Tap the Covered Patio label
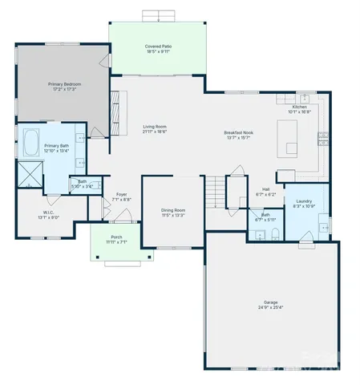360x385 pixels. (158, 47)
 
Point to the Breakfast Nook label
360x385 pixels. (238, 133)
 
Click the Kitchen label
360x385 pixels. (299, 107)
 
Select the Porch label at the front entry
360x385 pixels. (116, 237)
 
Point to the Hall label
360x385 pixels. (265, 189)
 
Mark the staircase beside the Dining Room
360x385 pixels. (215, 192)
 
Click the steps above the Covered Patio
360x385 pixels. (158, 16)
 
